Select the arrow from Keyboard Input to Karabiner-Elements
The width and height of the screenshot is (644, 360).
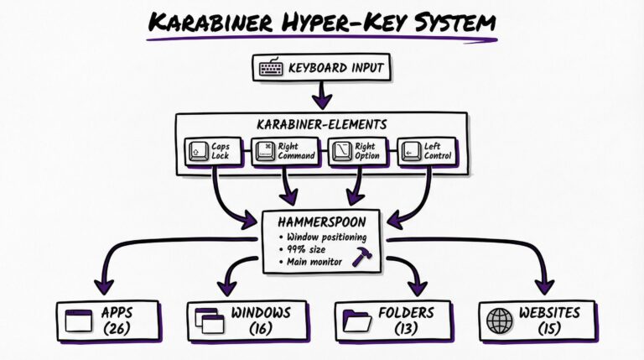pos(321,96)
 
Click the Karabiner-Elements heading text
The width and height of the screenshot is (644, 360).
pos(323,124)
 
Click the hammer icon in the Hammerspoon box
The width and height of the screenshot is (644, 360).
pos(362,258)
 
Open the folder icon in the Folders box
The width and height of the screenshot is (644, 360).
pos(358,320)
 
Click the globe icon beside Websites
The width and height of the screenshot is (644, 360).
pos(501,320)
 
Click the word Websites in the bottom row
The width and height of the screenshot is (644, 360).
pos(549,312)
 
